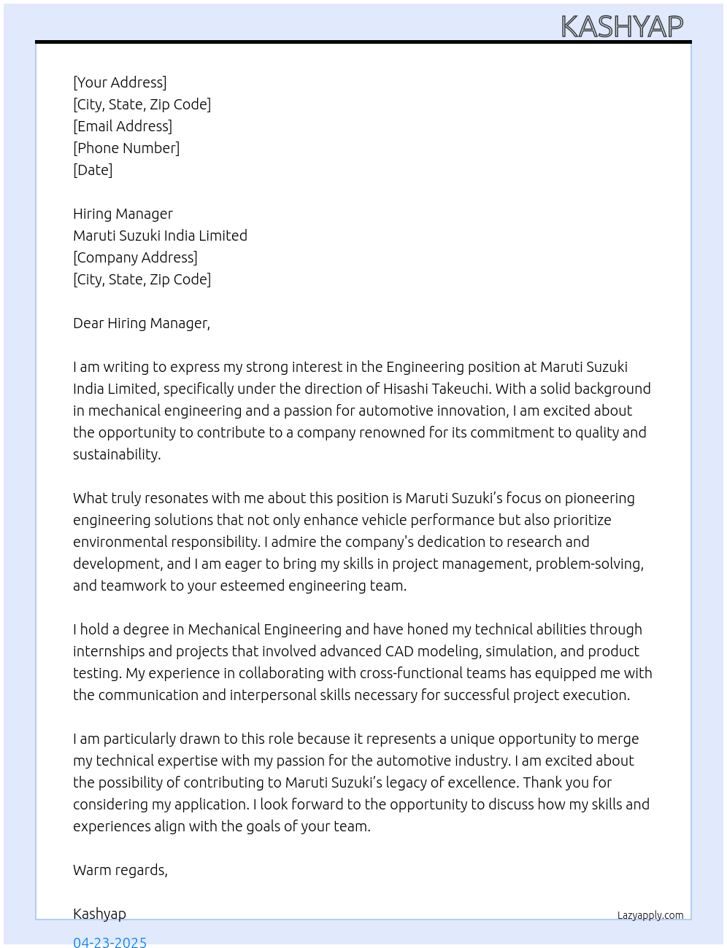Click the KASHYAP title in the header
[622, 27]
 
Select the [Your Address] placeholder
[120, 82]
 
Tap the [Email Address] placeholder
[123, 126]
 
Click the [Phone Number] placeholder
[126, 148]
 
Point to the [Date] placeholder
[93, 170]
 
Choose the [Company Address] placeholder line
[135, 257]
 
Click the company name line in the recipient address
[160, 236]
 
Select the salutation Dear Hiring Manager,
[142, 323]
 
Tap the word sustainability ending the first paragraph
[116, 454]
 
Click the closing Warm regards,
[120, 870]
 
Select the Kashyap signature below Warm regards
[99, 914]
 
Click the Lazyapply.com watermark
[650, 915]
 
